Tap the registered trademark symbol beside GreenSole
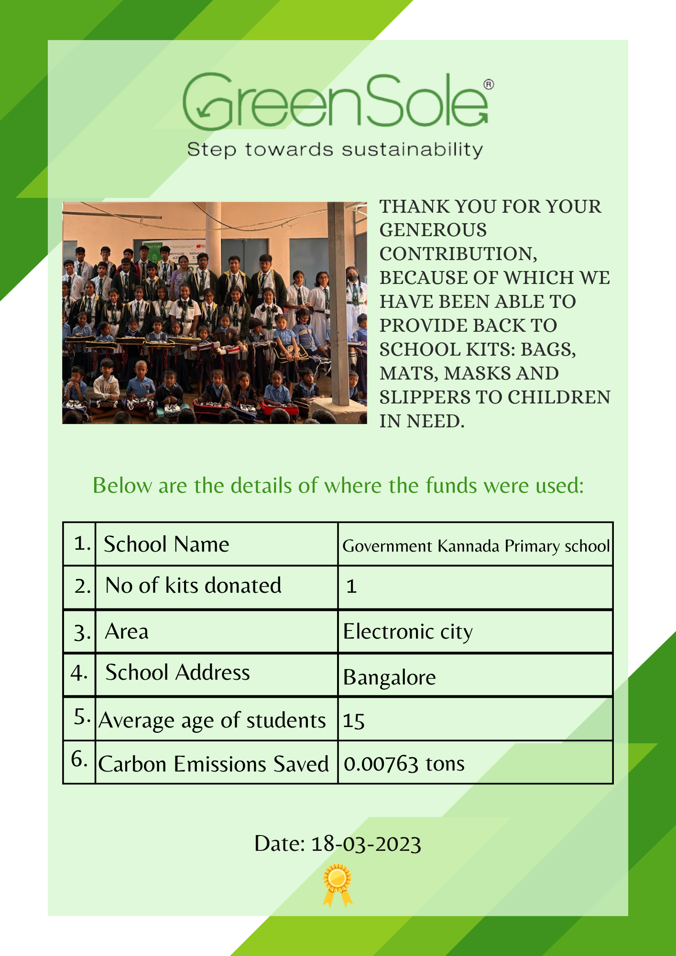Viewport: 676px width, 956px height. [489, 85]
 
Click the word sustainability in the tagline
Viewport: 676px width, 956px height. [412, 150]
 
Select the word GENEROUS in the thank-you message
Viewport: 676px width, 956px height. [433, 230]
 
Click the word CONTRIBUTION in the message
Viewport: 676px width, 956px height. [458, 254]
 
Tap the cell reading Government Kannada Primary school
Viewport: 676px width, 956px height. [476, 546]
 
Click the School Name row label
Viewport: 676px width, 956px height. [166, 544]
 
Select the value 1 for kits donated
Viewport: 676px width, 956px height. [351, 587]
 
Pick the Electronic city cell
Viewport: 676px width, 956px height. [408, 631]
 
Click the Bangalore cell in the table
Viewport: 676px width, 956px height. [389, 677]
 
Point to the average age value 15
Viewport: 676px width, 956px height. [354, 721]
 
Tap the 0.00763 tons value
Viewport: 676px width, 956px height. [404, 764]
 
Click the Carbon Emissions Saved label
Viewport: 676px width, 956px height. [213, 764]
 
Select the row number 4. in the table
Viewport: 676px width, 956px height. [79, 673]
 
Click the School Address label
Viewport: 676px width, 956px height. [177, 673]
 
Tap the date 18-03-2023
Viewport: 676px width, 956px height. [366, 844]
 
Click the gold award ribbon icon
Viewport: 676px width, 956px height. [338, 884]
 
